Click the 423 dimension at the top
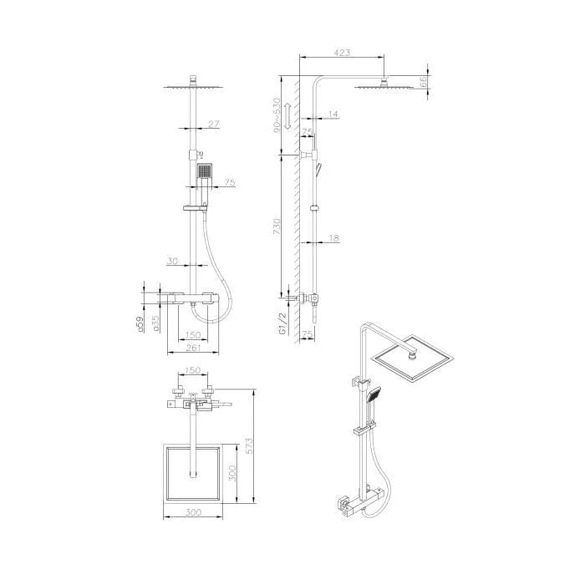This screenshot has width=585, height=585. (x=341, y=53)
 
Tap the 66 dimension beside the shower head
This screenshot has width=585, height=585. (x=425, y=81)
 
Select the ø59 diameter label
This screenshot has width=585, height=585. (x=140, y=323)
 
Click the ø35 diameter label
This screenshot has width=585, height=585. (x=156, y=323)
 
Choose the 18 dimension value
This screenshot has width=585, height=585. (x=334, y=238)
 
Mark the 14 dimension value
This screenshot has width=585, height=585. (x=333, y=113)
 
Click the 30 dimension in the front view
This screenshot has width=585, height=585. (x=172, y=261)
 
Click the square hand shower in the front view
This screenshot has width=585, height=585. (x=204, y=172)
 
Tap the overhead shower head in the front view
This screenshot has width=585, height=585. (x=194, y=85)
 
